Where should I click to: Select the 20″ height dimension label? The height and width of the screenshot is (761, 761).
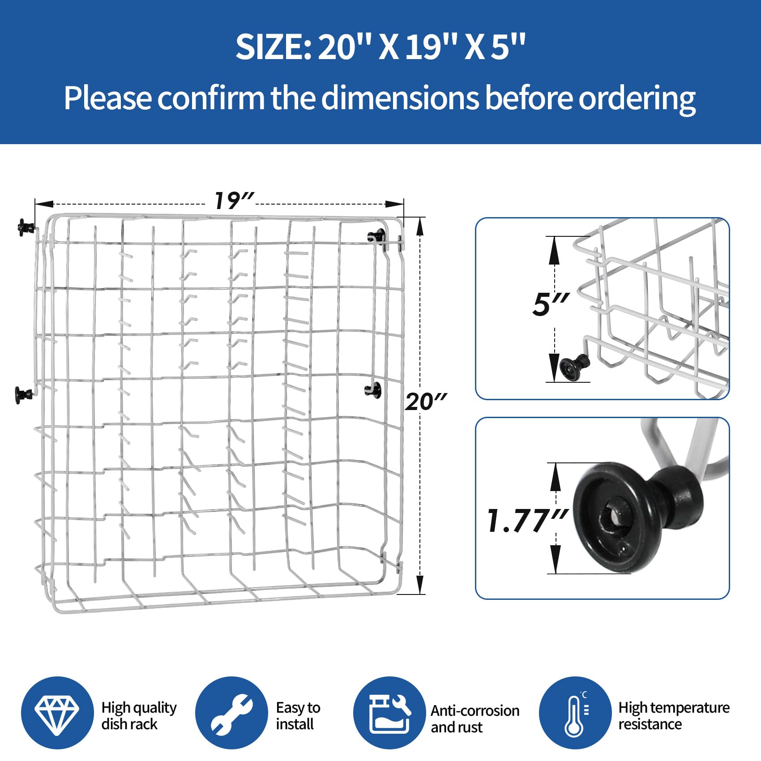pos(426,402)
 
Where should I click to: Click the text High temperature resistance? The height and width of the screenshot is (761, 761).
pos(673,715)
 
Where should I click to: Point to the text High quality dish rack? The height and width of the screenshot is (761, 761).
pos(138,715)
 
